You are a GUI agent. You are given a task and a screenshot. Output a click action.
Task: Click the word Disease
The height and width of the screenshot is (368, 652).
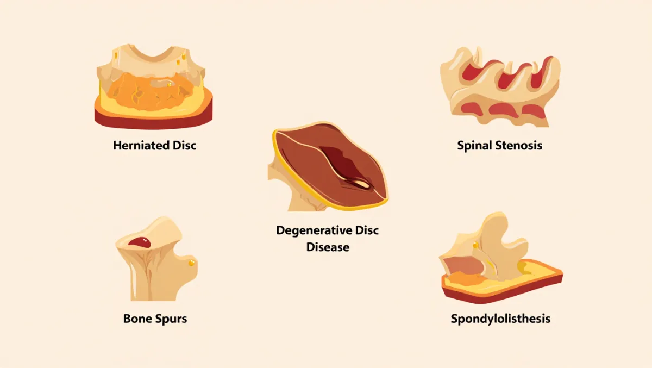pyautogui.click(x=328, y=247)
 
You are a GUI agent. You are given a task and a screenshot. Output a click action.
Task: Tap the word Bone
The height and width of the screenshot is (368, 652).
pyautogui.click(x=137, y=319)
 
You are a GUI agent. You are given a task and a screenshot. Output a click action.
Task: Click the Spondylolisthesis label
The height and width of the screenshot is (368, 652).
pyautogui.click(x=500, y=319)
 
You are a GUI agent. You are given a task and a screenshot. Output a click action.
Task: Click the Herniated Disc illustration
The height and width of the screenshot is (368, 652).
pyautogui.click(x=153, y=87)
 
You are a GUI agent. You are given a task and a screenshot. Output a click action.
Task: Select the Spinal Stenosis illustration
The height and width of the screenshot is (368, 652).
pyautogui.click(x=500, y=87)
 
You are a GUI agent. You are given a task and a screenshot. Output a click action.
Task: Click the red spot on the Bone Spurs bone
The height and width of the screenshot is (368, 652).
pyautogui.click(x=140, y=242)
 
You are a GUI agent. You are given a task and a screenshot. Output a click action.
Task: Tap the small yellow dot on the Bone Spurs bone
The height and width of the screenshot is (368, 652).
pyautogui.click(x=192, y=263)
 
